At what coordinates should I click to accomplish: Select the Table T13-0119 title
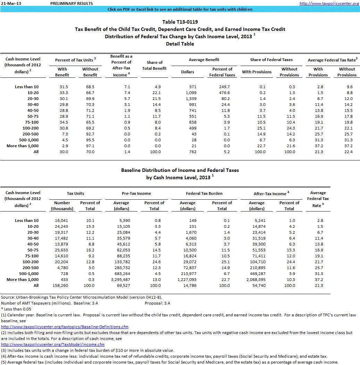click(180, 22)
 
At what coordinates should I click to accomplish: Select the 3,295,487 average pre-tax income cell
click(121, 280)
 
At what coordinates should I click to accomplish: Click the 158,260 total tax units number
click(62, 285)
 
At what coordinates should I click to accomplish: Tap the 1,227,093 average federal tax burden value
click(187, 280)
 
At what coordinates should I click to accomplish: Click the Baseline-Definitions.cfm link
click(65, 327)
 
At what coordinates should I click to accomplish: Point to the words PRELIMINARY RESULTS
click(71, 3)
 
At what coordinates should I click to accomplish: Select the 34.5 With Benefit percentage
click(62, 122)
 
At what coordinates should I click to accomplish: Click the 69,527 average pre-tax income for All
click(121, 285)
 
